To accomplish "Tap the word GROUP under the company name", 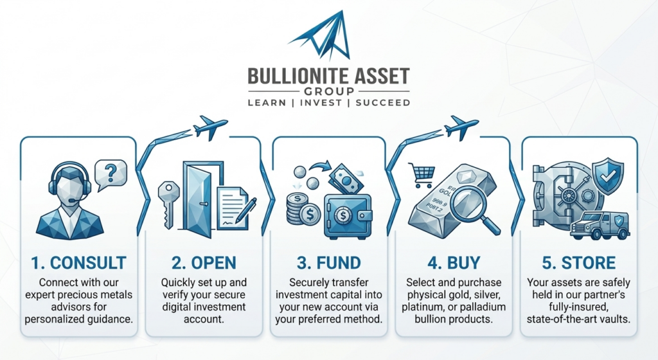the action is pyautogui.click(x=329, y=91).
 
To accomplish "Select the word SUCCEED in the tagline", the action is pyautogui.click(x=383, y=103).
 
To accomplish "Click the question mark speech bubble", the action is pyautogui.click(x=111, y=174).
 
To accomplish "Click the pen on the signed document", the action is pyautogui.click(x=246, y=210).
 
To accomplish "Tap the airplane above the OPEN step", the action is pyautogui.click(x=210, y=127).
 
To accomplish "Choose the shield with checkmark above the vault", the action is pyautogui.click(x=607, y=175).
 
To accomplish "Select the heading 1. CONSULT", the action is pyautogui.click(x=78, y=263).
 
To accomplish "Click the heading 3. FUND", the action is pyautogui.click(x=328, y=263).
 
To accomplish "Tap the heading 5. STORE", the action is pyautogui.click(x=579, y=263).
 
